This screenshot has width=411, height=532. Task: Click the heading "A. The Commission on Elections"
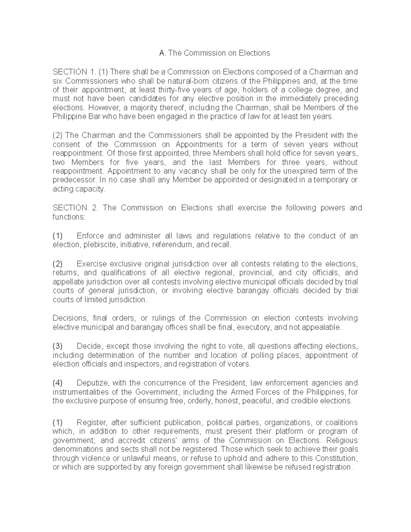(215, 53)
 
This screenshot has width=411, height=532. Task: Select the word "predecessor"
(73, 180)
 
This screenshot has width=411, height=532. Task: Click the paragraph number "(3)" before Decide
(58, 346)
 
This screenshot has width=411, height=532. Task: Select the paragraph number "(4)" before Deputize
(58, 383)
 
